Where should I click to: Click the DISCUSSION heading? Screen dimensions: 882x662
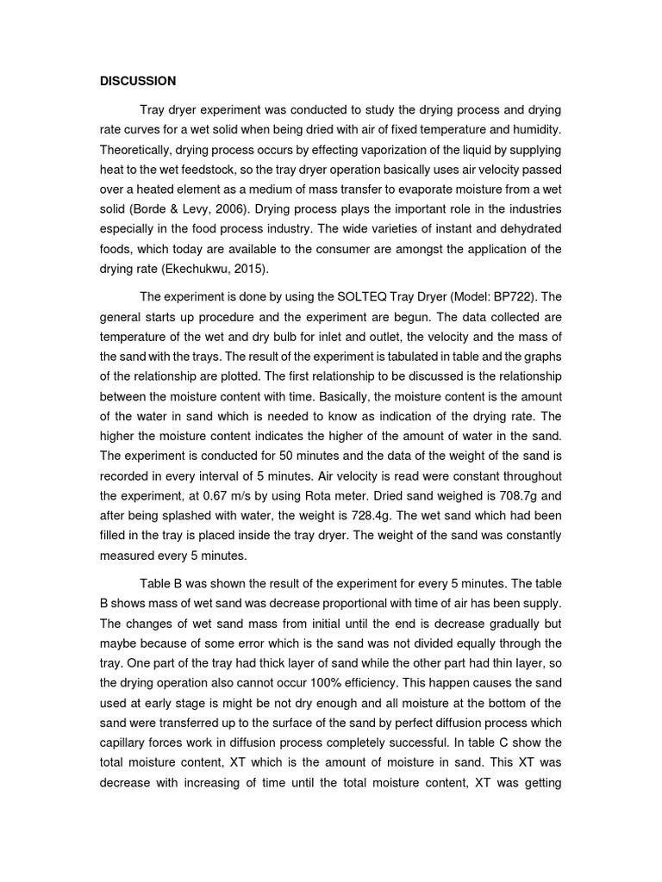[x=138, y=81]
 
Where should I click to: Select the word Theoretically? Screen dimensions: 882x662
[x=137, y=147]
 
